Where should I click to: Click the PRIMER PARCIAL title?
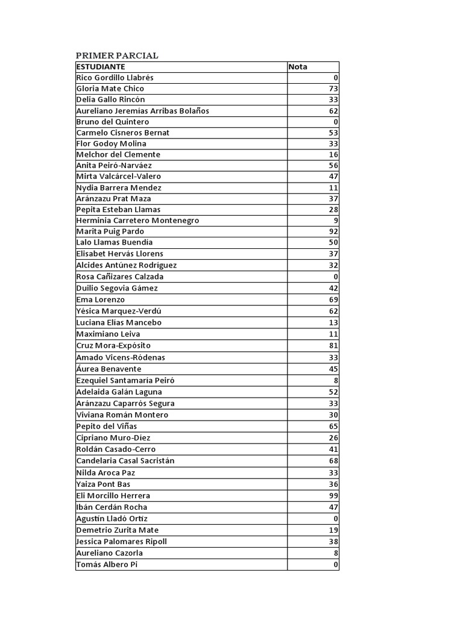(117, 55)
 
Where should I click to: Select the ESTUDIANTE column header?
(101, 67)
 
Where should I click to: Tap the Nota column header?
(298, 67)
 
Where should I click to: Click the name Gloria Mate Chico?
(110, 89)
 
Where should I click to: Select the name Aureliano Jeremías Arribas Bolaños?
(143, 111)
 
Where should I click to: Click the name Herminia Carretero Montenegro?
(137, 221)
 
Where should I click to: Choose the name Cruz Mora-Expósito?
(113, 346)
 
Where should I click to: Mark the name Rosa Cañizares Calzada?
(120, 277)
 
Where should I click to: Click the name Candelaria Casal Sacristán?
(125, 461)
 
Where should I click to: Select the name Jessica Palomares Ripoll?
(121, 542)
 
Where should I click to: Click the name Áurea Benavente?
(109, 369)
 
